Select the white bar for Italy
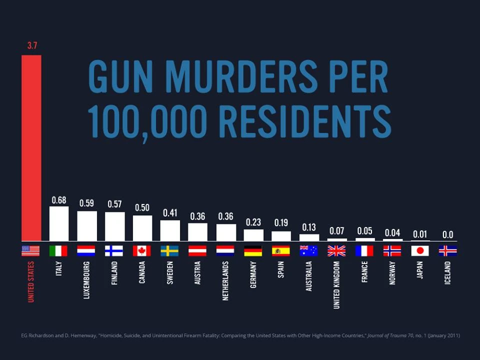coord(58,223)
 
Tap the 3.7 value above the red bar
coord(32,46)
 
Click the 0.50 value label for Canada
coord(142,207)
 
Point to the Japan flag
coord(420,250)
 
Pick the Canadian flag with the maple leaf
coord(142,250)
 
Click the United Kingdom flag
coord(336,250)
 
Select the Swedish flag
coord(169,250)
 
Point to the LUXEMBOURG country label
coord(86,280)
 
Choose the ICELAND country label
coord(447,273)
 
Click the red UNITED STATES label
coord(31,281)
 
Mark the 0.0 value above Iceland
coord(447,234)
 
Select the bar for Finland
coord(114,226)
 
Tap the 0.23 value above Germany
coord(253,222)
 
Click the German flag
coord(253,250)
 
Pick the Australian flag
coord(308,250)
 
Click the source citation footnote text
coord(239,335)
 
